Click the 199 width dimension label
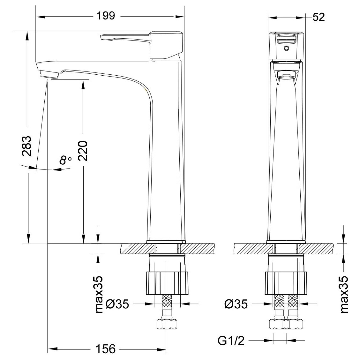(106, 16)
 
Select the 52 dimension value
(319, 17)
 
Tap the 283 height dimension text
(26, 146)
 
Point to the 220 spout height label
(83, 151)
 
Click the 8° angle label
(65, 160)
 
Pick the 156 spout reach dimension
(106, 349)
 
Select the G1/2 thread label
(231, 341)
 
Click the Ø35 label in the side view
(236, 304)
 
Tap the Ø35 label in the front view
(117, 304)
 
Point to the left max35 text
(99, 294)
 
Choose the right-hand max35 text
(344, 294)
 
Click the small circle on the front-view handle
(286, 48)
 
